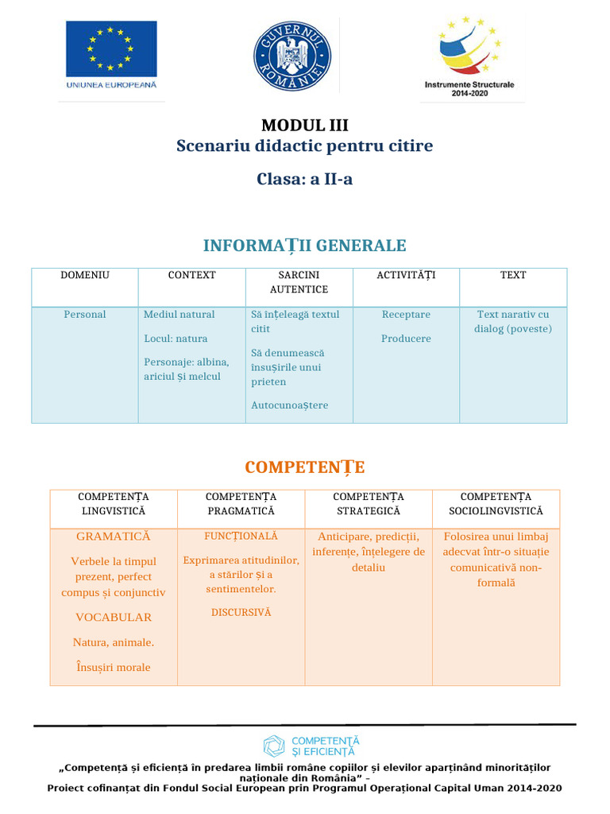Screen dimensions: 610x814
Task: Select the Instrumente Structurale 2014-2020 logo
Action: coord(469,56)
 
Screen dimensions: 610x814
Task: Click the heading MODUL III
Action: coord(305,125)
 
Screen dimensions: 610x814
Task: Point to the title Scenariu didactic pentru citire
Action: coord(305,146)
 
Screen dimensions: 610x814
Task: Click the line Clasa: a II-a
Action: coord(305,179)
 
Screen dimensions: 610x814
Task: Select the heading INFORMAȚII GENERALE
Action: coord(305,246)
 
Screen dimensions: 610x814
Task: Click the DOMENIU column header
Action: coord(85,275)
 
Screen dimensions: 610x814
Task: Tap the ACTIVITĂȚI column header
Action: coord(406,275)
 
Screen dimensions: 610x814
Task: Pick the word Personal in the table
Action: coord(85,315)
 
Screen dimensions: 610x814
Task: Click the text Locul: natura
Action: coord(176,339)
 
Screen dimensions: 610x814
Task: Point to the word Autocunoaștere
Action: coord(289,405)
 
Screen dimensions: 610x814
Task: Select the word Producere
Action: coord(406,339)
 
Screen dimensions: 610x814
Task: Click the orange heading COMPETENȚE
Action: coord(305,467)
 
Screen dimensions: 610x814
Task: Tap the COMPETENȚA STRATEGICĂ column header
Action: coord(369,504)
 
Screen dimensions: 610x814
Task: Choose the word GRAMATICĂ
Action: coord(114,537)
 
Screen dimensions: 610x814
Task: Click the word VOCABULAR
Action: coord(114,617)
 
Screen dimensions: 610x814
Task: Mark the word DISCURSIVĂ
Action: coord(241,613)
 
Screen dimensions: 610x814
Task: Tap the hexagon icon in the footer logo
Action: coord(274,746)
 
